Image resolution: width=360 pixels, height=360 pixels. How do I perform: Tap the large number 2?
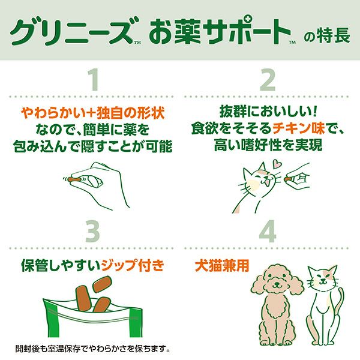(268, 80)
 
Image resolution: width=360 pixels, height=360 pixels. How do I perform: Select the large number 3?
(92, 231)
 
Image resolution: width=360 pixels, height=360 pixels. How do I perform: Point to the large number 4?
(268, 231)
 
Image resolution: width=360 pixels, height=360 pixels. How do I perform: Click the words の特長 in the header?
(327, 35)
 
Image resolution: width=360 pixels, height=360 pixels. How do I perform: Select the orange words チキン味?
(298, 128)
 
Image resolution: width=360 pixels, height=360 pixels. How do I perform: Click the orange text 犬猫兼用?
(222, 266)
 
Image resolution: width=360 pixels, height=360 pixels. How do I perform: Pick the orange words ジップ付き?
(133, 265)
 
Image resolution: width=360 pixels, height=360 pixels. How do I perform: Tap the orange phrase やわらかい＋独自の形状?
(93, 113)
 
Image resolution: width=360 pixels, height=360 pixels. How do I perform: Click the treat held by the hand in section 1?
(74, 179)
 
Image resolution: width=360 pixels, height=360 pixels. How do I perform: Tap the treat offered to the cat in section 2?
(287, 178)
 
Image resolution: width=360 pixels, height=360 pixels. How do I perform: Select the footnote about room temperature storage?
(93, 349)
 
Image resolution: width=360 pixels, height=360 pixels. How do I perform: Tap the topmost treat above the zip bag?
(102, 284)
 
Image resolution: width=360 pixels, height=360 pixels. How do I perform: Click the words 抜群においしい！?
(268, 113)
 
